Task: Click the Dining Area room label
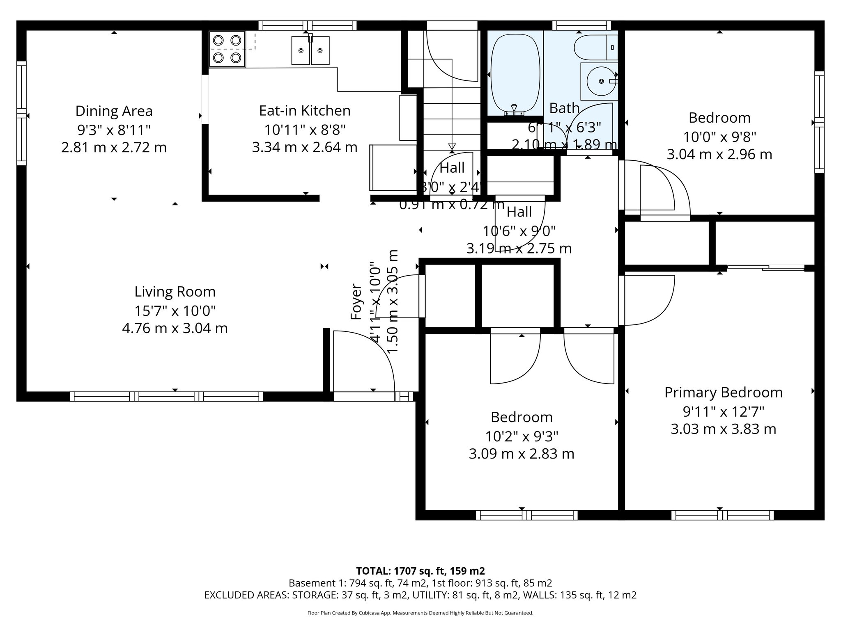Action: tap(114, 111)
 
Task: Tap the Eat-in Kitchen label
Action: tap(305, 111)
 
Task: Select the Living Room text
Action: tap(175, 292)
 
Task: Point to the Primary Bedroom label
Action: tap(723, 393)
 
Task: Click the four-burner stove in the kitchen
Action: tap(227, 49)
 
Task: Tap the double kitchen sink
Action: tap(310, 50)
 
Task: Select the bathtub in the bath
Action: tap(515, 74)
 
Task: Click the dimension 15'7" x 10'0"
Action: tap(175, 311)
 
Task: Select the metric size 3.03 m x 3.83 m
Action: tap(723, 429)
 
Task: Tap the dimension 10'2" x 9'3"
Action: tap(522, 436)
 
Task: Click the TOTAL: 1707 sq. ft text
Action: tap(420, 571)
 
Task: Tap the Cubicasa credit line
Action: tap(420, 613)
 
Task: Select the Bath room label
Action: tap(564, 108)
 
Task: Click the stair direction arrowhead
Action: tap(452, 146)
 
